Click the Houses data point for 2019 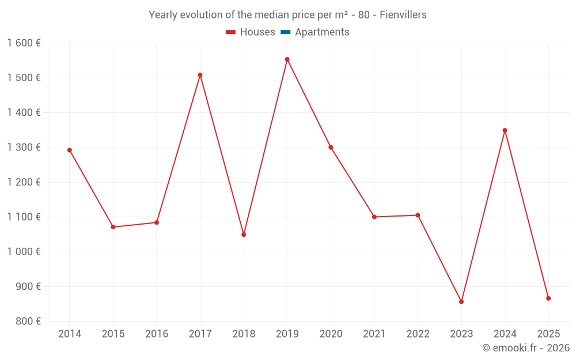(287, 59)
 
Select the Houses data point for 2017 (200, 75)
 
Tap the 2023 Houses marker (461, 302)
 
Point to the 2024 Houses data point (505, 130)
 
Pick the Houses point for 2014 (70, 150)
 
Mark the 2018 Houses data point (244, 234)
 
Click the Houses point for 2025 (548, 298)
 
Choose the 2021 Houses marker (374, 217)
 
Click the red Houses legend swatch (230, 32)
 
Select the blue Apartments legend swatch (285, 32)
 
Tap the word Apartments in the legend (322, 32)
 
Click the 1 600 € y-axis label (24, 43)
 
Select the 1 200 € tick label (24, 182)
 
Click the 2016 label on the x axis (157, 334)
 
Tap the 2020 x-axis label (331, 334)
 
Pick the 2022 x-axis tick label (418, 334)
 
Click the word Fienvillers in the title (403, 15)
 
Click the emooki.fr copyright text (526, 348)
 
